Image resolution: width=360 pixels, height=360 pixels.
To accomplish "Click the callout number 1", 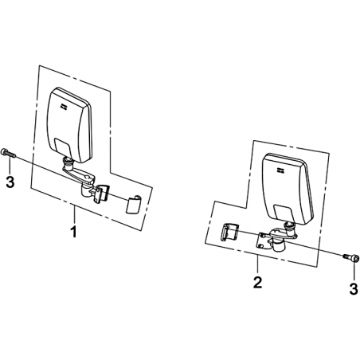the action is pos(73,231).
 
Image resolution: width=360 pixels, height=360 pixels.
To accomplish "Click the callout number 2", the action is pos(257,283).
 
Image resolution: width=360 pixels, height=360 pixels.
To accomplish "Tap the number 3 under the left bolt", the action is pos(10,182).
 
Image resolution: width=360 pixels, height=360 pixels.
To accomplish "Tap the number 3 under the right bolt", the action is pos(354,289).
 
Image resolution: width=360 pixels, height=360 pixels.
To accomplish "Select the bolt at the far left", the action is pos(9,153).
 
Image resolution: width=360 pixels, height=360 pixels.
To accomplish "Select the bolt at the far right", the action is pos(351,257).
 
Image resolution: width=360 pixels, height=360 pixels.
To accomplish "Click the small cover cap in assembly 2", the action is pos(229,232).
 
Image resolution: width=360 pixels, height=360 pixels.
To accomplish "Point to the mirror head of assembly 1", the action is pos(70,125).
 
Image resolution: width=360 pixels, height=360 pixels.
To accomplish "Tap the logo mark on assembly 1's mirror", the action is pos(64,106).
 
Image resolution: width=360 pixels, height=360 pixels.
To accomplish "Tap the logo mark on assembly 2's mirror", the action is pos(280,170).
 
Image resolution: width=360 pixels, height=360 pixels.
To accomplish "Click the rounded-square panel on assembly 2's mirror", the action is pos(284,213).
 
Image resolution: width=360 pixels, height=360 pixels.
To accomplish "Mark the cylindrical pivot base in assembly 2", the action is pos(278,245).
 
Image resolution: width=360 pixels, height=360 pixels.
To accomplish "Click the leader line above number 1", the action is pos(75,214).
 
